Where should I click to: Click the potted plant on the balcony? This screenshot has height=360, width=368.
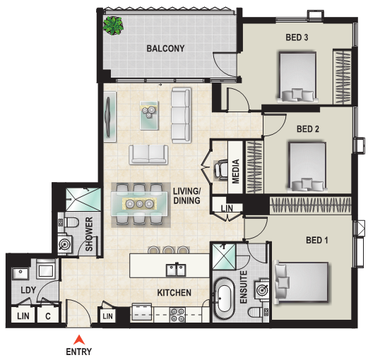[x=113, y=25]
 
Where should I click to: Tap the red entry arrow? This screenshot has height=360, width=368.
[x=79, y=340]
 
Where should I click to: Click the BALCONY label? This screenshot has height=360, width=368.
[x=165, y=49]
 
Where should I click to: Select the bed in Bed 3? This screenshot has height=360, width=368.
[x=297, y=77]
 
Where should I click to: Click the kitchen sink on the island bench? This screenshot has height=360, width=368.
[x=176, y=270]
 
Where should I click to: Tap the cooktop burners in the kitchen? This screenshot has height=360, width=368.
[x=177, y=316]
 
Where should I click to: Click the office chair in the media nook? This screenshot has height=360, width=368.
[x=220, y=170]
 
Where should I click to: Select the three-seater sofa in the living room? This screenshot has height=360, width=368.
[x=181, y=115]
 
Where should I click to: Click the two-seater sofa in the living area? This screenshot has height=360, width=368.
[x=148, y=155]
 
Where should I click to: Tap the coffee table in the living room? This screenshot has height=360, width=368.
[x=149, y=115]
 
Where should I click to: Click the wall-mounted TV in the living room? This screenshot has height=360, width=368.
[x=110, y=117]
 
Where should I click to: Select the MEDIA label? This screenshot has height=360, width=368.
[x=235, y=171]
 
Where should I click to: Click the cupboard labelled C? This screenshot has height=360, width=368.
[x=48, y=316]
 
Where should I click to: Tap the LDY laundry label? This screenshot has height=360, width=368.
[x=28, y=290]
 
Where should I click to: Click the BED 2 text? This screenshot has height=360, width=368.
[x=308, y=129]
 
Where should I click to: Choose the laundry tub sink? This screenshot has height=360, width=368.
[x=20, y=273]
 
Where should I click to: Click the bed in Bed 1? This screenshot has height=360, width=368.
[x=301, y=282]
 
